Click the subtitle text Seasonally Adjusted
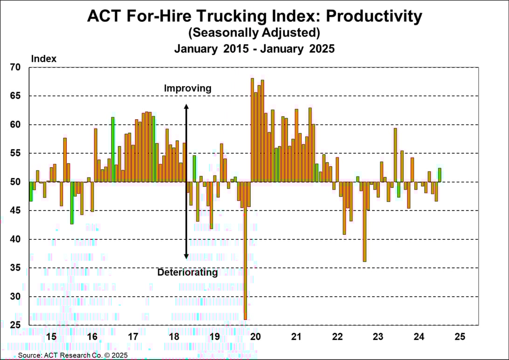[x=254, y=33]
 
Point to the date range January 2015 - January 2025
[x=254, y=48]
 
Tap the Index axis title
[x=43, y=59]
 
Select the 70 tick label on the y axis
[x=16, y=67]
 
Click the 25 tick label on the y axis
[x=16, y=325]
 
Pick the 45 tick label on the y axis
[x=16, y=211]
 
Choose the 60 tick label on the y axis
[x=16, y=124]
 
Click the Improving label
[x=187, y=88]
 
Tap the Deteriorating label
[x=187, y=272]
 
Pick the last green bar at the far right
[x=440, y=175]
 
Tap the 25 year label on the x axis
[x=460, y=336]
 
